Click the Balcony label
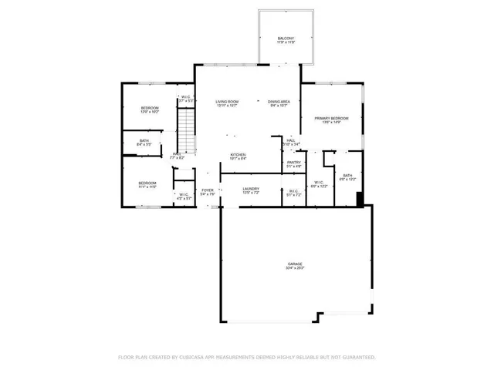(286, 39)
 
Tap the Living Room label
(226, 102)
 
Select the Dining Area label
(279, 102)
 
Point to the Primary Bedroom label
(331, 118)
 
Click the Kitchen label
(238, 155)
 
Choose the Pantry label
(293, 162)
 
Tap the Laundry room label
(251, 189)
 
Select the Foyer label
(207, 190)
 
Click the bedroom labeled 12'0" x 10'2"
(149, 108)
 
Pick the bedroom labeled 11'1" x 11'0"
(147, 183)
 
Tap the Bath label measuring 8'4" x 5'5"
(144, 140)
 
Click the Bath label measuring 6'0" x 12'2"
(347, 175)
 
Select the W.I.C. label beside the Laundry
(293, 190)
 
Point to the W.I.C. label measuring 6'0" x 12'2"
(319, 182)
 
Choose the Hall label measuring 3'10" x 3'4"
(290, 140)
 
